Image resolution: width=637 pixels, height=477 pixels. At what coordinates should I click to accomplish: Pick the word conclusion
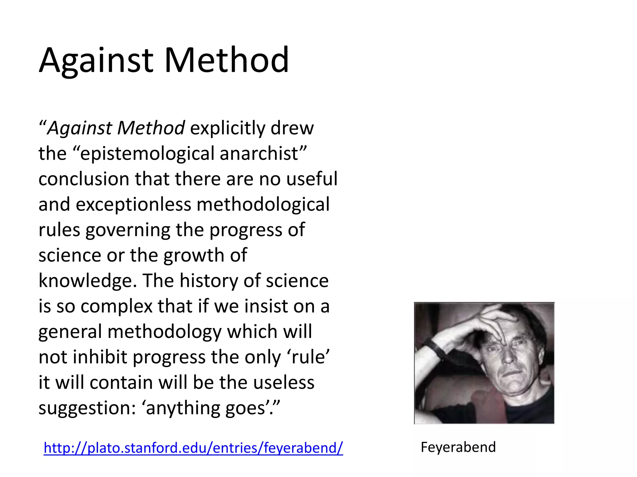(84, 179)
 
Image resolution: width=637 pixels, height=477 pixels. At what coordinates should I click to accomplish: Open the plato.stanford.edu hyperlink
(193, 448)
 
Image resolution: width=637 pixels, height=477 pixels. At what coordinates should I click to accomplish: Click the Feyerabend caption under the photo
(458, 447)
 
